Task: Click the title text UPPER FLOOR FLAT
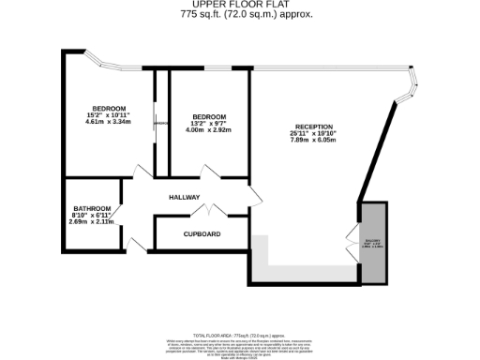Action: coord(240,6)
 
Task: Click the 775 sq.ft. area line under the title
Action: coord(240,15)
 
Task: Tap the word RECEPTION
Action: coord(315,127)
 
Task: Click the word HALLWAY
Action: coord(185,198)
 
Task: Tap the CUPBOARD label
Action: coord(202,233)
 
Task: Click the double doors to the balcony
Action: coord(352,241)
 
